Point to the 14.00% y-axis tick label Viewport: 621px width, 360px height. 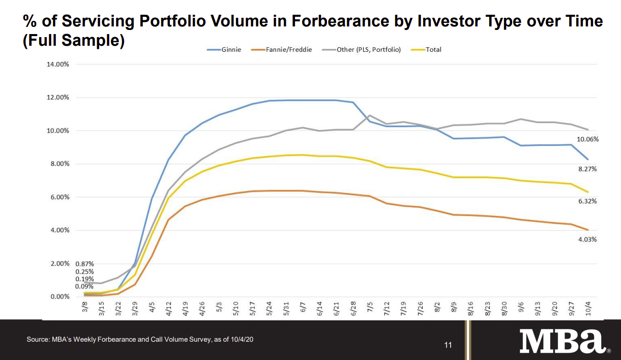click(58, 65)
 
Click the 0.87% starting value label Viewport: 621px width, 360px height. click(84, 264)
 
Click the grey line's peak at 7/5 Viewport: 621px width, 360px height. click(370, 115)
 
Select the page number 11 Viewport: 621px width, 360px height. click(448, 346)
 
